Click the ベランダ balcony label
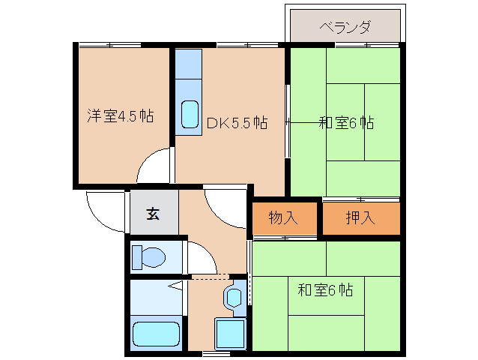345,28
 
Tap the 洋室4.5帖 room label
120,116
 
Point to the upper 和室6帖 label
346,122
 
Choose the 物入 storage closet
283,218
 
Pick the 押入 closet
360,218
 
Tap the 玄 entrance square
153,214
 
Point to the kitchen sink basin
190,115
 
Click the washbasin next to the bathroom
233,297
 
